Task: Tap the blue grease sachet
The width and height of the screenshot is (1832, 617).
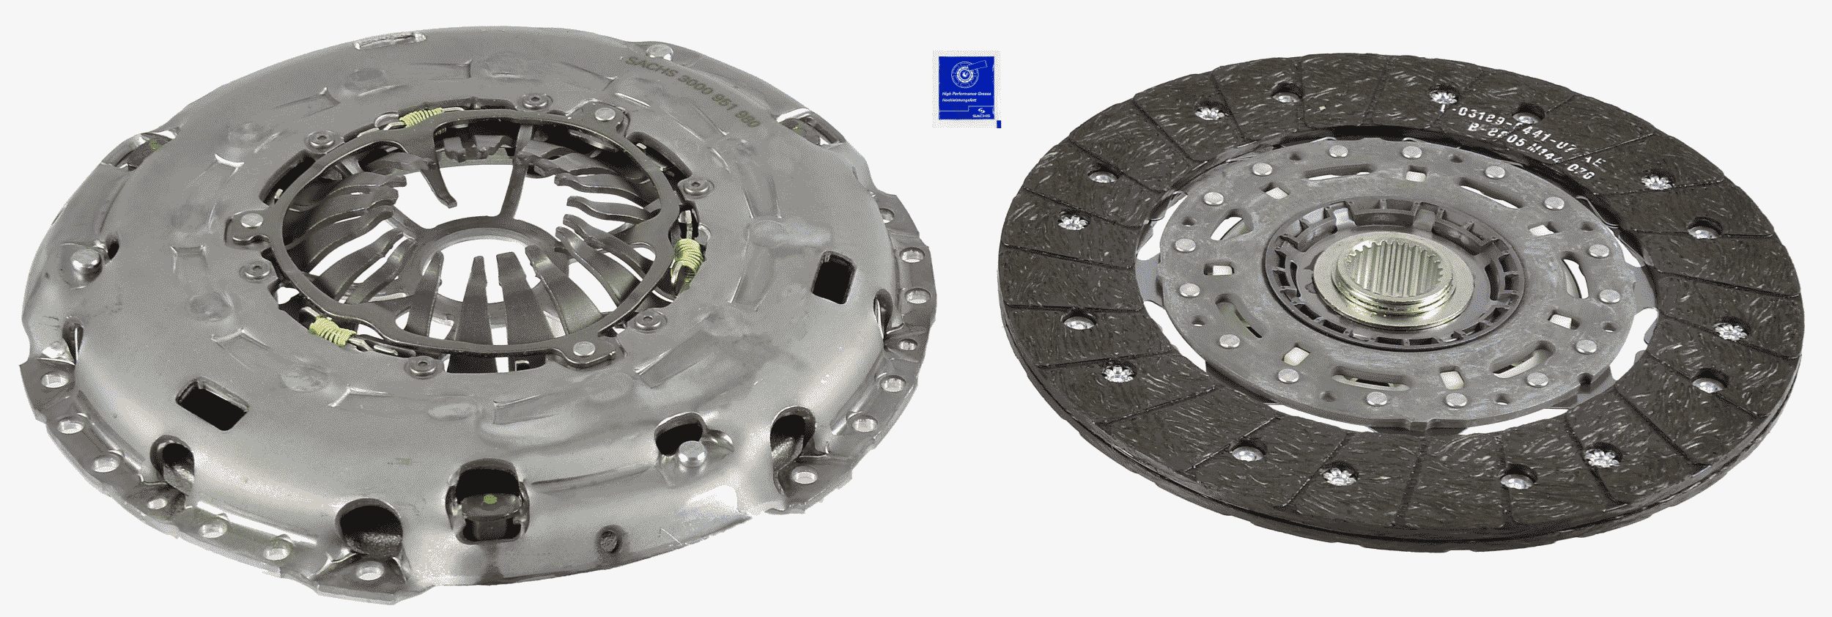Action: point(966,88)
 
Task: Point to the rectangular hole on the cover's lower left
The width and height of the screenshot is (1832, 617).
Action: point(208,403)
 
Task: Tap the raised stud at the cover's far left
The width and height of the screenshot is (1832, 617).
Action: point(82,258)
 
